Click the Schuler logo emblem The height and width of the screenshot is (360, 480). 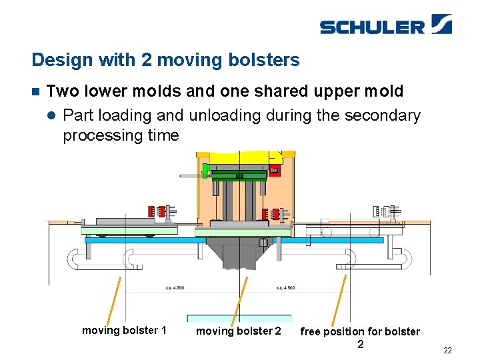point(441,24)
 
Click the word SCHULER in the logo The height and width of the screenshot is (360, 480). point(372,27)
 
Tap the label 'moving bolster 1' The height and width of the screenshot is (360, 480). point(124,330)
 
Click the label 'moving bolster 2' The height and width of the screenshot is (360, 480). point(239,331)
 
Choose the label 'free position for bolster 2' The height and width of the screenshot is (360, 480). point(360,337)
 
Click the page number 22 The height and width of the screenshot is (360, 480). point(447,351)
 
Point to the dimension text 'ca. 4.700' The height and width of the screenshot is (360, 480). point(175,288)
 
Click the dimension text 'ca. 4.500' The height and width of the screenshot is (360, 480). point(286,288)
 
